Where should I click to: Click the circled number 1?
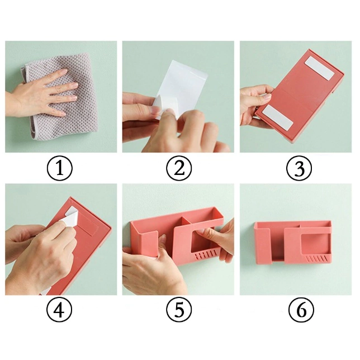[59, 168]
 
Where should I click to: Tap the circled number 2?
[179, 168]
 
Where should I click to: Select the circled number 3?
[299, 168]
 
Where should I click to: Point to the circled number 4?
[59, 310]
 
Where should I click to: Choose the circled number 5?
[179, 310]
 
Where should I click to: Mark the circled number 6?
[301, 310]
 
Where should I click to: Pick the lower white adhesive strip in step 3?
[278, 117]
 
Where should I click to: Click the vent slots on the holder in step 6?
[316, 259]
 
